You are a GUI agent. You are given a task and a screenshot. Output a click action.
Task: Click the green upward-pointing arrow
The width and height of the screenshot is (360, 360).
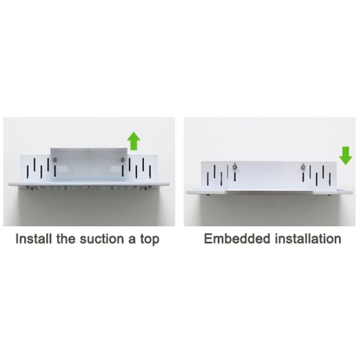coord(134,141)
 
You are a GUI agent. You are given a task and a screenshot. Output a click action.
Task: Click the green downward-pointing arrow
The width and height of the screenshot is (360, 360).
coord(346,155)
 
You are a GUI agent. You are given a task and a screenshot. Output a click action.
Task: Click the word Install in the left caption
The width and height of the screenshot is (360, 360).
coord(34,239)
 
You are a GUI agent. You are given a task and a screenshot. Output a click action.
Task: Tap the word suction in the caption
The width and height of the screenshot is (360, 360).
coord(102,239)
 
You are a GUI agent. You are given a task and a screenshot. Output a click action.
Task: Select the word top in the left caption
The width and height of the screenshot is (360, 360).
coord(149,239)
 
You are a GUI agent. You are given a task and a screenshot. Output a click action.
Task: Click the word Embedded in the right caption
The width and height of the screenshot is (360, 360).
coord(237,239)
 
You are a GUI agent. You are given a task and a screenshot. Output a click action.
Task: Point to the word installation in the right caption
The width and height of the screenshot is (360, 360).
coord(308,239)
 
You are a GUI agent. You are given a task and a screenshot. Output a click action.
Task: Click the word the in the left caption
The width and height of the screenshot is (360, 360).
coord(65,239)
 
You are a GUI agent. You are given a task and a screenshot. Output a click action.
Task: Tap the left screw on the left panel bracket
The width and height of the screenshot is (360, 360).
coord(55,160)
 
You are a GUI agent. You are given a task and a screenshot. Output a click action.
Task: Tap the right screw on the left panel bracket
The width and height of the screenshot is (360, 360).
coord(122,160)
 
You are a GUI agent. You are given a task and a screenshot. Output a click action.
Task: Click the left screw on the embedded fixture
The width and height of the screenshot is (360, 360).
coord(235,167)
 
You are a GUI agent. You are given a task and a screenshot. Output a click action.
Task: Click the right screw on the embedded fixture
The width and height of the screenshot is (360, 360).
coord(303,167)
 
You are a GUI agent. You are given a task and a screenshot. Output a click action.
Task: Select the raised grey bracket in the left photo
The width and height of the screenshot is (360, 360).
coord(89,163)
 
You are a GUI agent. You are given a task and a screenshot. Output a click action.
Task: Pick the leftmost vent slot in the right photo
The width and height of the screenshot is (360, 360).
coord(208,179)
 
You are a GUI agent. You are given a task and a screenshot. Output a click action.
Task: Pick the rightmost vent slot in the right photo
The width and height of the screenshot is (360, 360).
coord(330,179)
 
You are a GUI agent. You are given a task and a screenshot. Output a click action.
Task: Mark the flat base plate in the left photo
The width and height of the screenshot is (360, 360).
coord(89,184)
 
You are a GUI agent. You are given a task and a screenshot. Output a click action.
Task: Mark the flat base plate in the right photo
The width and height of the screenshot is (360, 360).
coord(269,193)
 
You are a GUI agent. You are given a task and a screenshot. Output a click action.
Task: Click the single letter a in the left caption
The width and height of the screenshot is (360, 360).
coord(132,239)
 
